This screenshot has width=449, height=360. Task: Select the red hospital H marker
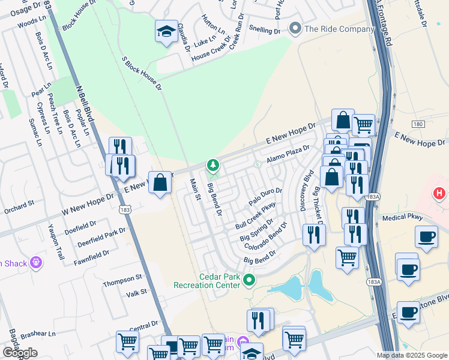point(440,194)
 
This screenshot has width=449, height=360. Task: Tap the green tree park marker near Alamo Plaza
point(211,164)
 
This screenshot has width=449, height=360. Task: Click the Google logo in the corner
point(20,353)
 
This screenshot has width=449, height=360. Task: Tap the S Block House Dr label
point(142,74)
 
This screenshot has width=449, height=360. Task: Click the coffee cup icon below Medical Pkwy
point(426,236)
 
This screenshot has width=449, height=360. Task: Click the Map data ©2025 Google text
point(412,355)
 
